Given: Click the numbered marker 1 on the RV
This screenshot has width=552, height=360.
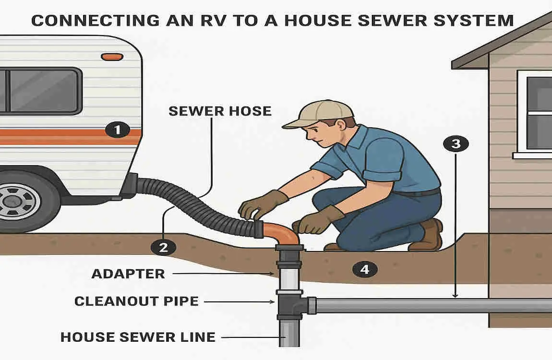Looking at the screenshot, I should (118, 129).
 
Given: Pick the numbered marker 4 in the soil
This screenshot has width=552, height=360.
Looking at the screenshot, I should (364, 269).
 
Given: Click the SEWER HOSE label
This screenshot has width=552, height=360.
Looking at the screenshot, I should (220, 111).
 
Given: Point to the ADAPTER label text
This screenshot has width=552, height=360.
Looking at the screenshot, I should (128, 274).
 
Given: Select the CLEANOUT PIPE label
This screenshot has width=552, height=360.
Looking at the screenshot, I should (136, 301).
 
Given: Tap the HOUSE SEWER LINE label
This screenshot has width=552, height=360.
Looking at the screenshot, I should (138, 337).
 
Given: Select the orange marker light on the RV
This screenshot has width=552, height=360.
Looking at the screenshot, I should (112, 57).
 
